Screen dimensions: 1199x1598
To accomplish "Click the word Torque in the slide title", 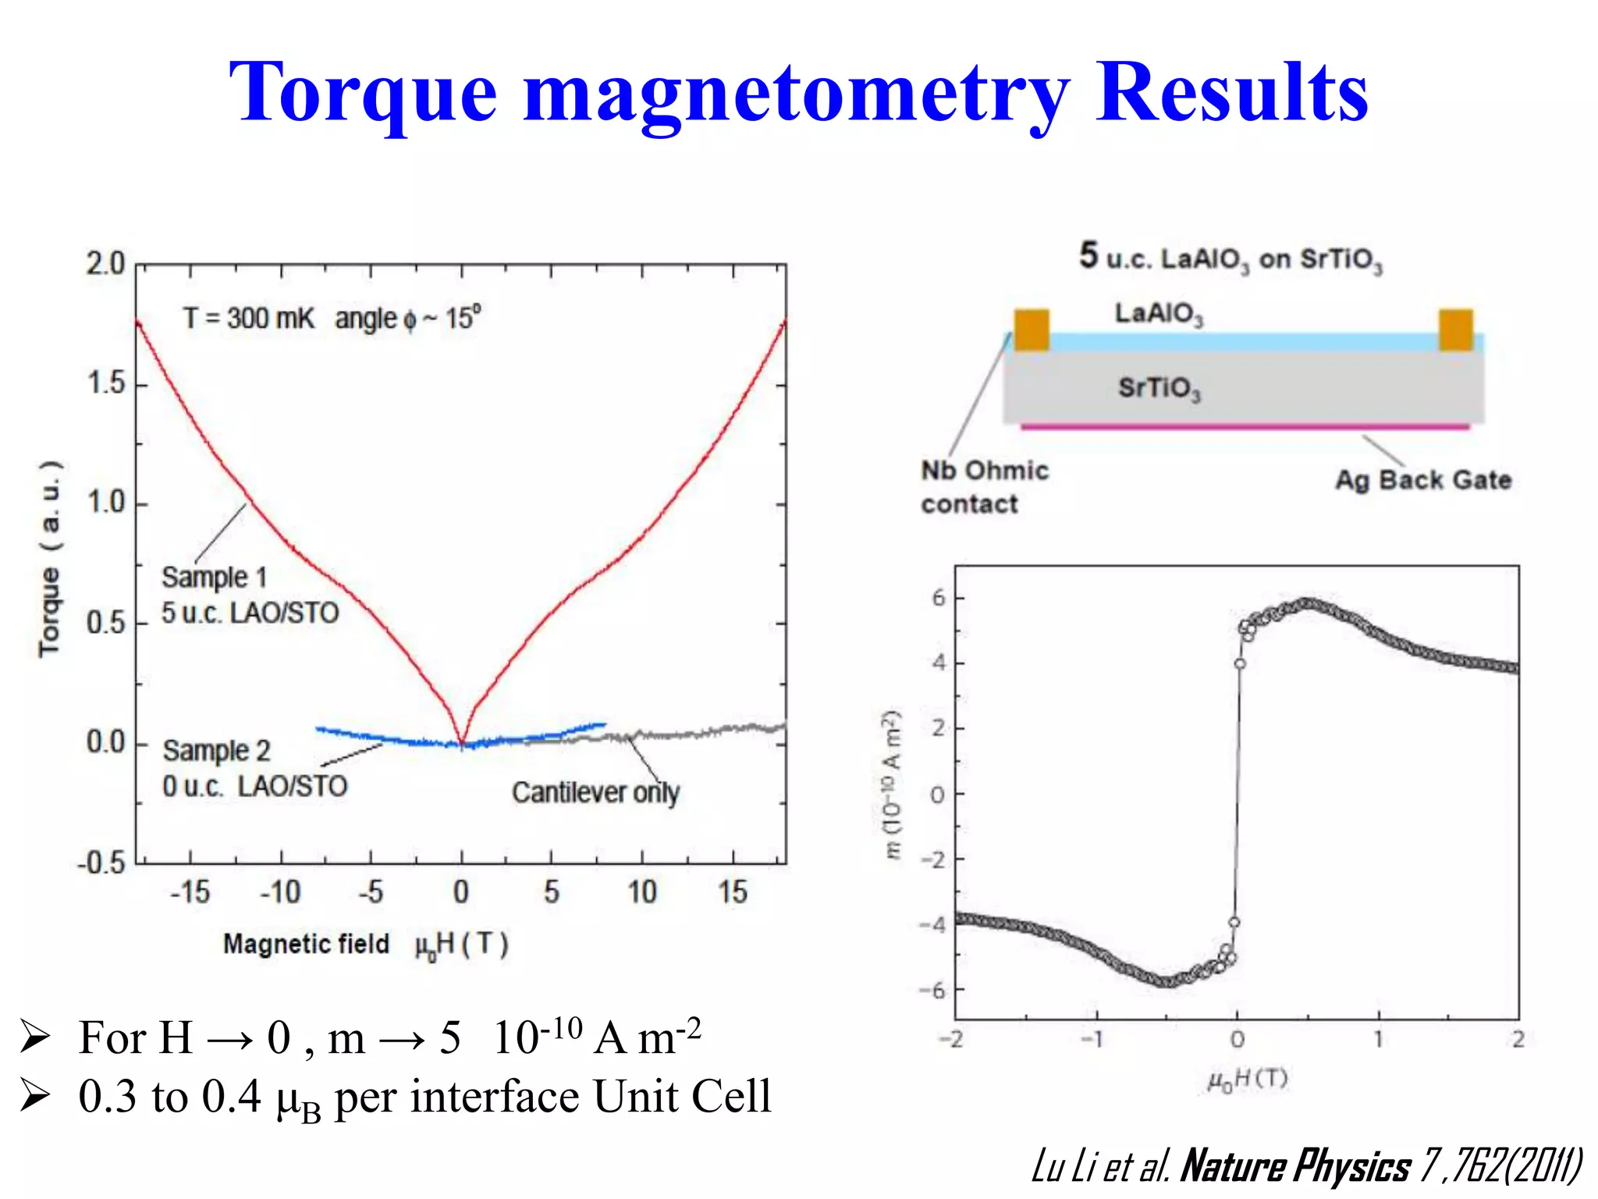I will [363, 94].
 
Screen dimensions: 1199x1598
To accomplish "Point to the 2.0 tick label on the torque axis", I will [105, 265].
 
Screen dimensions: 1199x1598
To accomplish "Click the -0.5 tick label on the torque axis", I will [101, 863].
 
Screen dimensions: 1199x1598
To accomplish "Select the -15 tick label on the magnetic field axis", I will [190, 891].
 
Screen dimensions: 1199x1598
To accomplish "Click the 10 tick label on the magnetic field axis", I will [642, 891].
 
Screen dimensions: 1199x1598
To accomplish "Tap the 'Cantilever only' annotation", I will [595, 792].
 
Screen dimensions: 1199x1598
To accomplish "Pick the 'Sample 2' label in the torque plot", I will [216, 751].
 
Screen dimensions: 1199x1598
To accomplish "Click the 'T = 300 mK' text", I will [249, 318].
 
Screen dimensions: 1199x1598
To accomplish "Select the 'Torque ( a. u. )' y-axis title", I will [50, 559].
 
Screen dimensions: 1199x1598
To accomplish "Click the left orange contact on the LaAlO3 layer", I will [1031, 329].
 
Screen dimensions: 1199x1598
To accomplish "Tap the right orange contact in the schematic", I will [1455, 329].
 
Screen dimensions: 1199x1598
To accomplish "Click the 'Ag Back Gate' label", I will [1423, 479].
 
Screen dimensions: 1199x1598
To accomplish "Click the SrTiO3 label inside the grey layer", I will [1159, 388].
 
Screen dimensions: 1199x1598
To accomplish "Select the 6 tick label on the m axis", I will [938, 598].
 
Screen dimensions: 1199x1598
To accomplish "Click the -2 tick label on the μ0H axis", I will [950, 1039].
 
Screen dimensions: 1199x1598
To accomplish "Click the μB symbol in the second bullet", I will [299, 1101].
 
